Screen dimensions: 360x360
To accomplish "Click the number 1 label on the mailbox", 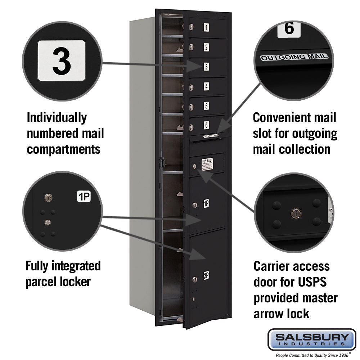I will click(x=206, y=27).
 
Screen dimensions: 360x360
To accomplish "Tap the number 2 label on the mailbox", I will click(x=206, y=47).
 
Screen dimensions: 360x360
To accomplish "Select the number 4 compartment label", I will click(x=206, y=86).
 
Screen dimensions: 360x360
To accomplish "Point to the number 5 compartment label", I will click(x=206, y=106).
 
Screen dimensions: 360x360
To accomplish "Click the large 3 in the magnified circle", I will click(x=62, y=60).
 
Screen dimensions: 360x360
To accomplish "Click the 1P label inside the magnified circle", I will click(x=84, y=197).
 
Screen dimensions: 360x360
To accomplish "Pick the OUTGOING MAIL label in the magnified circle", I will click(x=294, y=57).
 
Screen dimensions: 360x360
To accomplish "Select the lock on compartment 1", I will click(x=192, y=27).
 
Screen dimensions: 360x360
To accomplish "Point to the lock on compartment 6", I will click(x=192, y=127).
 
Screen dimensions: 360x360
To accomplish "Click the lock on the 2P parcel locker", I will click(x=194, y=279).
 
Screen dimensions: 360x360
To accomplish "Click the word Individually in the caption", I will click(x=57, y=117).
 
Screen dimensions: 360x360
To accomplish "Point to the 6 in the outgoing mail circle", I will click(x=289, y=29).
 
